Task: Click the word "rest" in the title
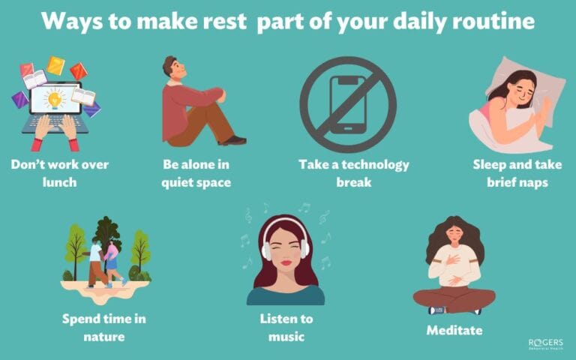pyautogui.click(x=223, y=21)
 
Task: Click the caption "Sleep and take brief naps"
pyautogui.click(x=517, y=171)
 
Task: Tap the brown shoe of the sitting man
pyautogui.click(x=233, y=139)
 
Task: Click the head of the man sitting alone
pyautogui.click(x=173, y=69)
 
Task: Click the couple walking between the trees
pyautogui.click(x=102, y=262)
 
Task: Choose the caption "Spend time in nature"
pyautogui.click(x=104, y=328)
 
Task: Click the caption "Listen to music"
pyautogui.click(x=286, y=328)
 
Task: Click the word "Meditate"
pyautogui.click(x=454, y=330)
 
